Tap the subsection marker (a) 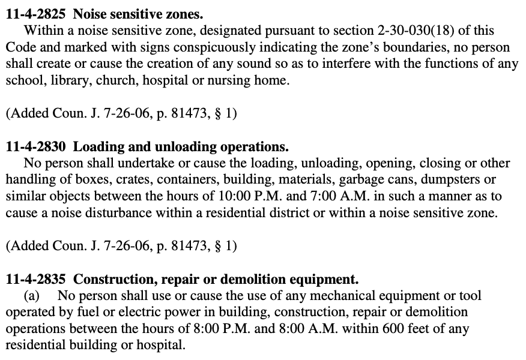click(32, 296)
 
